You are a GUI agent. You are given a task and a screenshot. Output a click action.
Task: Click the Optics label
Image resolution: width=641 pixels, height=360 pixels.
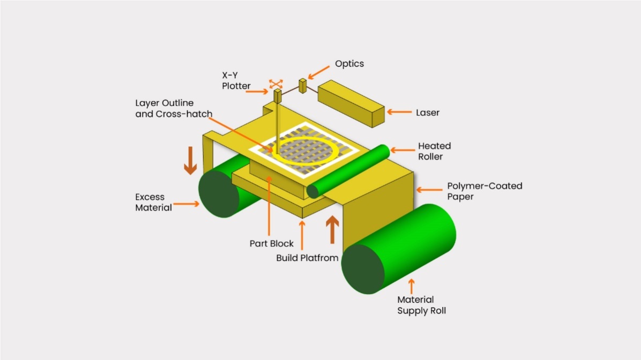(349, 64)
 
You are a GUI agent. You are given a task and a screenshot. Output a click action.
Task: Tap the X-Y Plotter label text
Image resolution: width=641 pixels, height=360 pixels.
(236, 80)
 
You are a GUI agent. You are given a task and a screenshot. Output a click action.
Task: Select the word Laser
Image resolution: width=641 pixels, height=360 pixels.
(428, 112)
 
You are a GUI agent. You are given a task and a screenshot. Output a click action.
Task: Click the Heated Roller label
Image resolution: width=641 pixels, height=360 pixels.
(434, 151)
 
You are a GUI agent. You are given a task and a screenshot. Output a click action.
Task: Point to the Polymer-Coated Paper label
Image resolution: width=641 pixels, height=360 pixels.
(485, 191)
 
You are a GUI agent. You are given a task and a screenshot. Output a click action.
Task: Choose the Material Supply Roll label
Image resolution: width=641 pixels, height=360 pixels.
(421, 305)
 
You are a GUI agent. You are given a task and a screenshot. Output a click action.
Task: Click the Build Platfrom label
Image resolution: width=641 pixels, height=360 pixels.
(307, 258)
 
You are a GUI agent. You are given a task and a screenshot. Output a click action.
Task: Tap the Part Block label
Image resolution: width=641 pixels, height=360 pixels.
(271, 244)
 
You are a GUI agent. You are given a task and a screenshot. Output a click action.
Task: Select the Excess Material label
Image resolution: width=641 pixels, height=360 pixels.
(153, 202)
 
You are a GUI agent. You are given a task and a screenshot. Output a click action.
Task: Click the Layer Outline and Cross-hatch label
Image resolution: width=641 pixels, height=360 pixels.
(174, 108)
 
